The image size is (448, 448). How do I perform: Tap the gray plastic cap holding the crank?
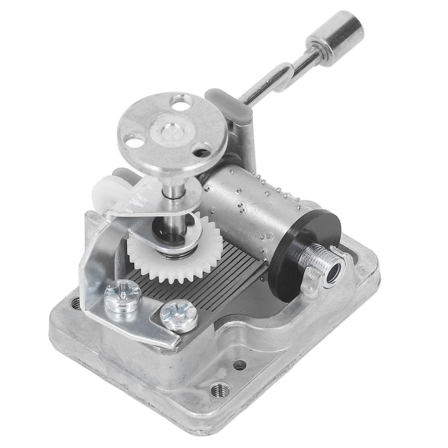[x=229, y=105]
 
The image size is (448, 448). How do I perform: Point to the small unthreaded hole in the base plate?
[x=239, y=365]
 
